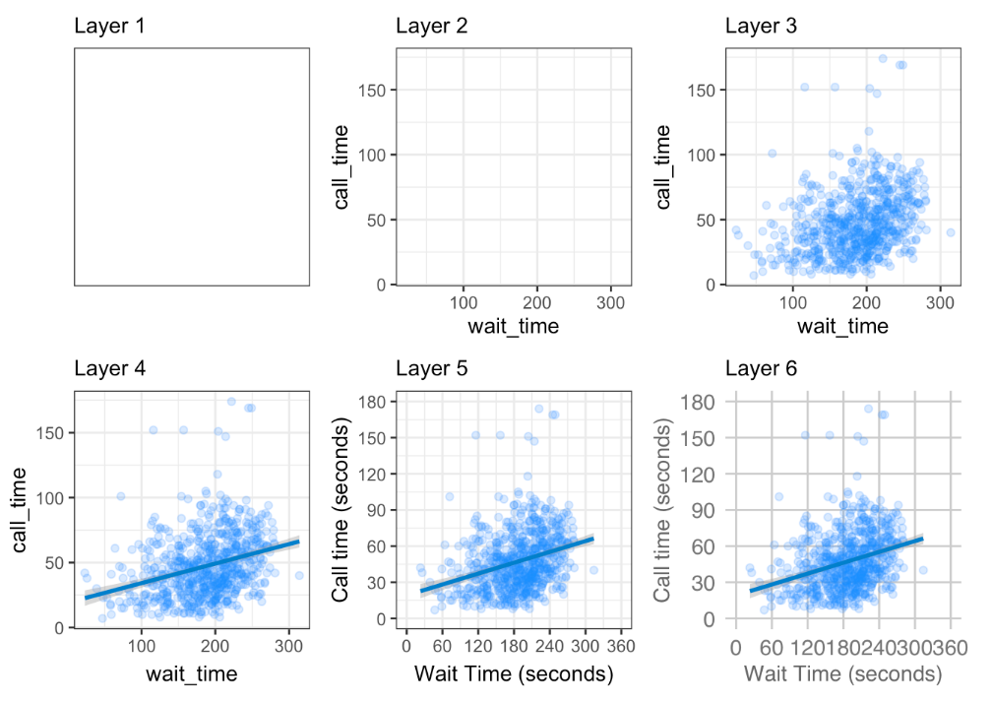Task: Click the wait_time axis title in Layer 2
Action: coord(513,326)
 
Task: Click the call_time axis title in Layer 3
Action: coord(664,166)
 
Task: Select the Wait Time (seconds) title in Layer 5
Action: coord(513,674)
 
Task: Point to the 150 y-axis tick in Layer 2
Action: coord(372,91)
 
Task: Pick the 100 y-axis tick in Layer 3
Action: coord(702,156)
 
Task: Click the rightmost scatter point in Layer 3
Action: coord(950,232)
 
